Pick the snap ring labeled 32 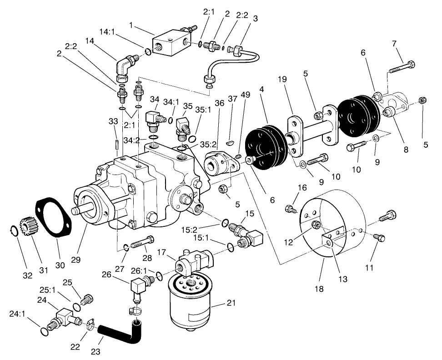[14, 232]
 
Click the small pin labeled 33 [116, 143]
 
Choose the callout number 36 [220, 103]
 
